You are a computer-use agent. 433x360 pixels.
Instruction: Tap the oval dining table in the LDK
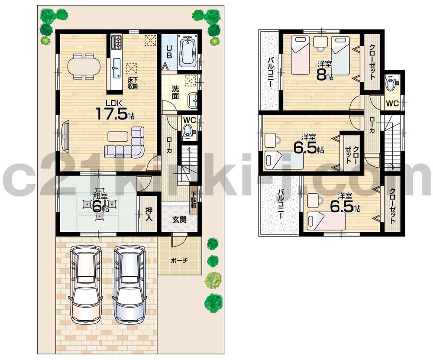[84, 66]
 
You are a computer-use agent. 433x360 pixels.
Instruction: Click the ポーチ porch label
[179, 261]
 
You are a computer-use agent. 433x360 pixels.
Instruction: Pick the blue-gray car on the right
[129, 284]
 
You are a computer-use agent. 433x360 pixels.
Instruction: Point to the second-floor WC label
[392, 103]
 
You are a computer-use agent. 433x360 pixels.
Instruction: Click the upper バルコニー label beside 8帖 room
[269, 71]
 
